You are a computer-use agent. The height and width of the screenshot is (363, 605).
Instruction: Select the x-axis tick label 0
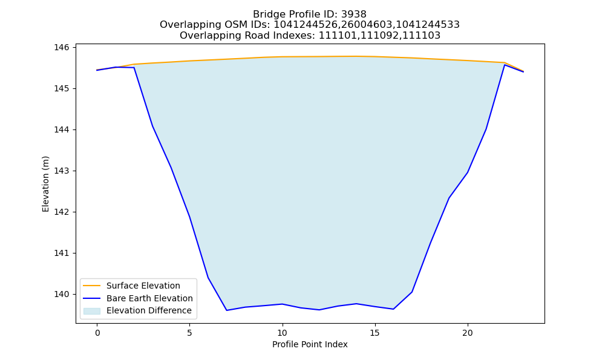click(97, 333)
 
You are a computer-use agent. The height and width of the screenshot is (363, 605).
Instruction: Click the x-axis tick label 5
click(190, 333)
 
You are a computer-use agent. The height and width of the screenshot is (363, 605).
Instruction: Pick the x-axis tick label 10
click(283, 333)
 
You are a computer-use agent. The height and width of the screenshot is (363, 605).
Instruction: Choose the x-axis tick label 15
click(375, 333)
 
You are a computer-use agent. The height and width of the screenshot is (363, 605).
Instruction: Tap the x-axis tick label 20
click(468, 333)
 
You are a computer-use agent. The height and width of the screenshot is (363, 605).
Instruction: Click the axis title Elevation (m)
click(45, 184)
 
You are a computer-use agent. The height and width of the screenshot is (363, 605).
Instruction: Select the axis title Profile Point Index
click(310, 344)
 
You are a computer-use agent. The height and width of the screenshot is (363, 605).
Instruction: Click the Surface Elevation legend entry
click(143, 286)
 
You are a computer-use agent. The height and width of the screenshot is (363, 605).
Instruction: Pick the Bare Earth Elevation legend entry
click(149, 298)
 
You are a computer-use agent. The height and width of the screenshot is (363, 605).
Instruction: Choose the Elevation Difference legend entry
click(149, 310)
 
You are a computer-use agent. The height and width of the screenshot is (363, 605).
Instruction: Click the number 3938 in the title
click(354, 15)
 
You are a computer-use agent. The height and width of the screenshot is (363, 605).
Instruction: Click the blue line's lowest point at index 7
click(227, 310)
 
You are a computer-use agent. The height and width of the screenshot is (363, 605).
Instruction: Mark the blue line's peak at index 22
click(505, 65)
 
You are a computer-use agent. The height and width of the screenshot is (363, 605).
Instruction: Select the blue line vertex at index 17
click(412, 292)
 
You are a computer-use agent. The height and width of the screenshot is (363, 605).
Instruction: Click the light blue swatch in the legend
click(92, 311)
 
